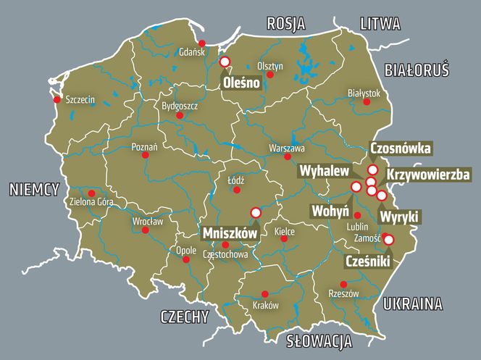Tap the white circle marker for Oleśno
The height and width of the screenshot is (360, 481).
[225, 62]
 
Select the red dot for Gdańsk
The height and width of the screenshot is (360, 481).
[202, 43]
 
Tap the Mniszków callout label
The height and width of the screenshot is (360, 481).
[229, 234]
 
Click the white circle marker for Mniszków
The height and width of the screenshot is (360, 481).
[255, 212]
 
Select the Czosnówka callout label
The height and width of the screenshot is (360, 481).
[401, 148]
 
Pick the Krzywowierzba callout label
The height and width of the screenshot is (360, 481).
[428, 175]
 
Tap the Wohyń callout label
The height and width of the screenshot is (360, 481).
[330, 211]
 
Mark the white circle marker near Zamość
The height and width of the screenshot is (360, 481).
[388, 240]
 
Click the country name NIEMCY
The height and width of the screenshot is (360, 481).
[33, 190]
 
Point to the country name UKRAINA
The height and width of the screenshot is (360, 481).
[412, 302]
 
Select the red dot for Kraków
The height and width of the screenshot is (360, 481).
[264, 293]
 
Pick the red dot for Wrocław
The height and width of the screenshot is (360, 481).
[146, 230]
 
